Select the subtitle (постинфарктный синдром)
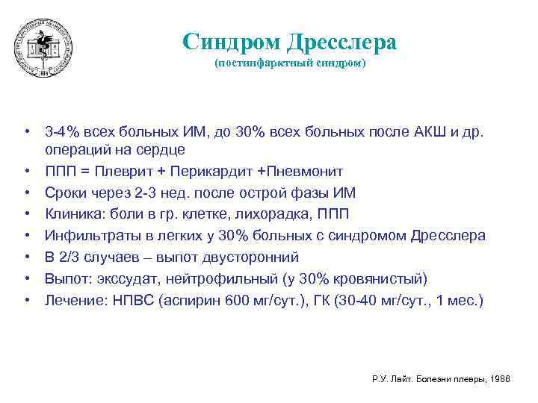[x=291, y=64]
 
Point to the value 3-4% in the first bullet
[x=59, y=133]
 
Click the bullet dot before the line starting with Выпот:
[x=26, y=279]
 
